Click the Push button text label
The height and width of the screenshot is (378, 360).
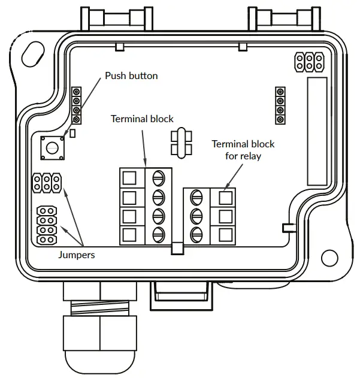[131, 76]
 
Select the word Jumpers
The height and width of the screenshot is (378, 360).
[77, 255]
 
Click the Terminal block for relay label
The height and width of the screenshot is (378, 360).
[243, 150]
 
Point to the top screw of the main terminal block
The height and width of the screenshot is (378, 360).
[159, 177]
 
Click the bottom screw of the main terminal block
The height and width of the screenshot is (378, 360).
[159, 234]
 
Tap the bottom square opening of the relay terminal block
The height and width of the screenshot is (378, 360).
[225, 234]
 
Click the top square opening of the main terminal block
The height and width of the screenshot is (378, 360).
[129, 177]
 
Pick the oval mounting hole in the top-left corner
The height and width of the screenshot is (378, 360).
[31, 56]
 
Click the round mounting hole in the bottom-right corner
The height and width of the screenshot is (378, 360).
[329, 258]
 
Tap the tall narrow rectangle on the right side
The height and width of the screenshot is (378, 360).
[316, 131]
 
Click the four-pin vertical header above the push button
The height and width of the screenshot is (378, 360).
[76, 105]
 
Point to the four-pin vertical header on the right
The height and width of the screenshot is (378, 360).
[280, 105]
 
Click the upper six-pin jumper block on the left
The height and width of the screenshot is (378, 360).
[47, 183]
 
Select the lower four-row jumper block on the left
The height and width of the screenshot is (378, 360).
[47, 225]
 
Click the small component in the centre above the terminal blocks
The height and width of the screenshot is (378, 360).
[180, 142]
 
